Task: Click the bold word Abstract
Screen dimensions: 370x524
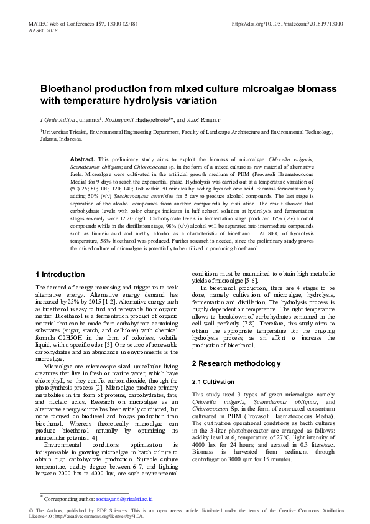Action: click(83, 159)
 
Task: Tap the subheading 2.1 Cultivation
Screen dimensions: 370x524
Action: click(213, 381)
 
